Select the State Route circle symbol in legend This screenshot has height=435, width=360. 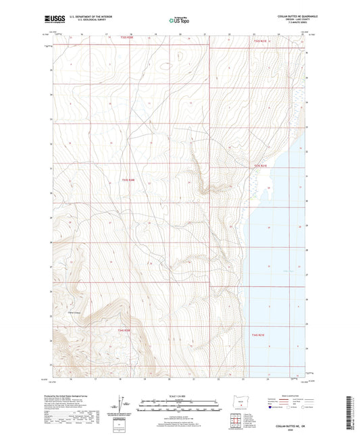tap(304, 407)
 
